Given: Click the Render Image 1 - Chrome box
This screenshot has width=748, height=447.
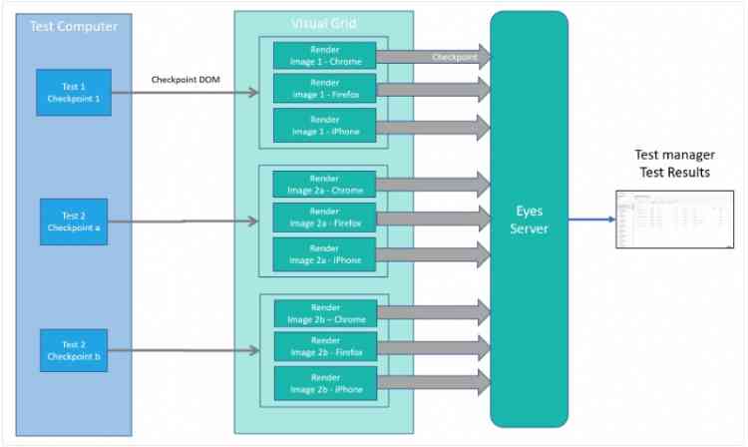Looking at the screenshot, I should click(x=325, y=56).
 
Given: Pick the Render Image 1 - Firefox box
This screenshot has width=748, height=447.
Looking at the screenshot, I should click(x=325, y=89).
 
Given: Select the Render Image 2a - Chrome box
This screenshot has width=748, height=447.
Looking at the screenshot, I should click(x=325, y=184).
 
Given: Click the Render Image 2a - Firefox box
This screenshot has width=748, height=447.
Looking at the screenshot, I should click(x=325, y=218).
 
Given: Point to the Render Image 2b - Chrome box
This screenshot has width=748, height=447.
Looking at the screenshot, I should click(x=325, y=312).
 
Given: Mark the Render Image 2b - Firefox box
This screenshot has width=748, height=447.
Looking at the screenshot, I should click(x=325, y=346).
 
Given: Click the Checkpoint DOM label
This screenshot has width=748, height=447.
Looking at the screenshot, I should click(x=186, y=79).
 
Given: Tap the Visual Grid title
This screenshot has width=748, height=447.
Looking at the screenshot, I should click(x=324, y=23).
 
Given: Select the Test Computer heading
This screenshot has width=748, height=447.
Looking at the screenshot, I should click(x=73, y=27).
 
